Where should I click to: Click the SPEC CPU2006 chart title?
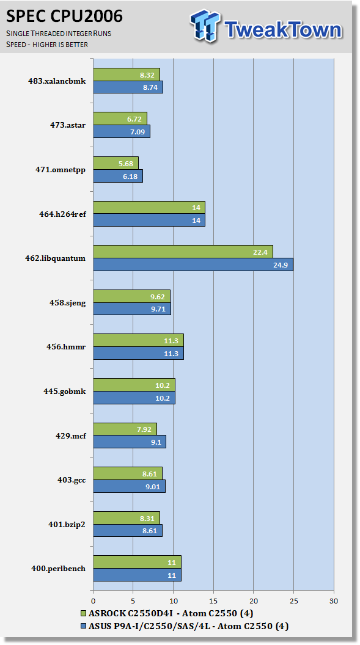coord(64,16)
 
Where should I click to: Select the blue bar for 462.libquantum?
coord(193,264)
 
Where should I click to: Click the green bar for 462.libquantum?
coord(183,252)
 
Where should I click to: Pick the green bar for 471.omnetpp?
coord(116,163)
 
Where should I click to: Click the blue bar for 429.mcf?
coord(130,442)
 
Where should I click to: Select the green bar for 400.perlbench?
coord(137,563)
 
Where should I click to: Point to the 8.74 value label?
coord(150,87)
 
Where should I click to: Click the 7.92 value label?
coord(144,429)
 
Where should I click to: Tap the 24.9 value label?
coord(281,265)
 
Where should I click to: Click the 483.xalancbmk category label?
coord(57,81)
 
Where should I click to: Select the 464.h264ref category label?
coord(62,214)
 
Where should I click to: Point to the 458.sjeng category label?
coord(67,303)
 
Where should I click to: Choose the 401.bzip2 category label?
coord(67,525)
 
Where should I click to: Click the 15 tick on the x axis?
coord(213,601)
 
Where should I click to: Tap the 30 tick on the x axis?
coord(334,601)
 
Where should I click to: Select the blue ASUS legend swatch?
coord(84,627)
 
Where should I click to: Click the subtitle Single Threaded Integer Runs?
coord(59,34)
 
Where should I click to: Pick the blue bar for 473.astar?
coord(122,132)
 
